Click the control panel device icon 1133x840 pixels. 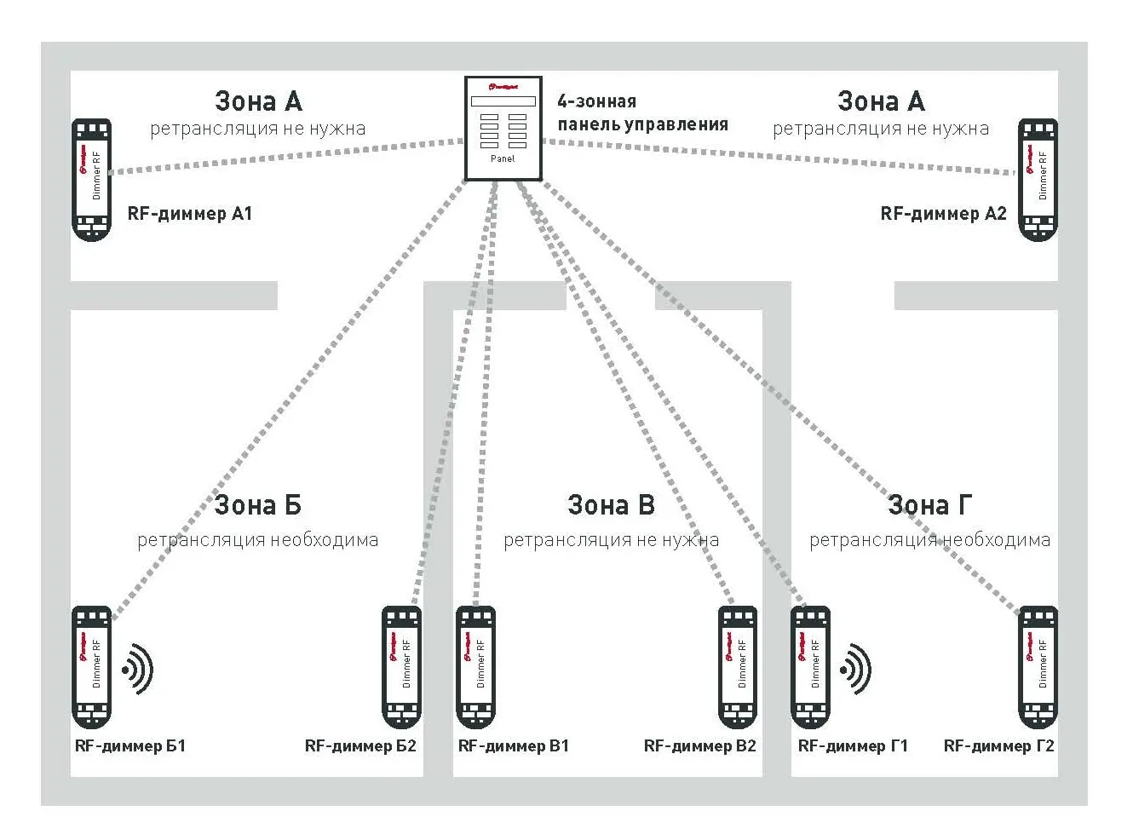[503, 128]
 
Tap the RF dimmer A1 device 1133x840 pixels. [91, 180]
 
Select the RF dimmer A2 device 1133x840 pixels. [1038, 180]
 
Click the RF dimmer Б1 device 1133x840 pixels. [91, 667]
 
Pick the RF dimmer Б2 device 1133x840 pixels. [401, 667]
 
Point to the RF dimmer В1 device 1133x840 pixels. [475, 667]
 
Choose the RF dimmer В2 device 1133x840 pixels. [737, 667]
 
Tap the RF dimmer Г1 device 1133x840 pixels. [810, 667]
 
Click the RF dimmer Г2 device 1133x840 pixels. [1038, 667]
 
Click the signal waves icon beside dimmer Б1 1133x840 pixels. [138, 670]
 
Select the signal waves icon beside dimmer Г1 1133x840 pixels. [856, 670]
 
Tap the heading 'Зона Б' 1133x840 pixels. [257, 505]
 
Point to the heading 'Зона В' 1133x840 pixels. [611, 505]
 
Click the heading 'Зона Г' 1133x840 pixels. [929, 505]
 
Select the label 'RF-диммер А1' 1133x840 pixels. [190, 214]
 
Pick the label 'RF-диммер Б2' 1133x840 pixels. [360, 746]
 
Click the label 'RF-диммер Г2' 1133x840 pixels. [998, 746]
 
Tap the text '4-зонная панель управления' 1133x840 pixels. [642, 112]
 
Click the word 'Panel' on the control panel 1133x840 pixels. [503, 158]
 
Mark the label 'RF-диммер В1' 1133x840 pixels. [513, 746]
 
